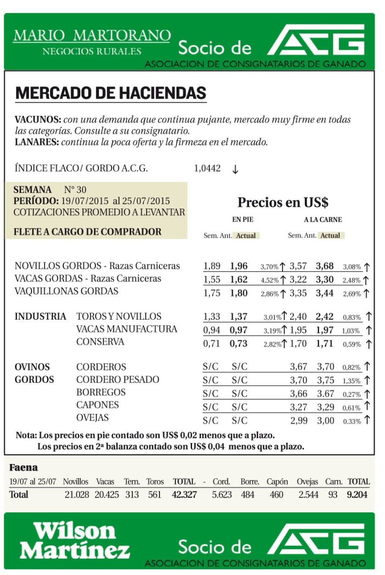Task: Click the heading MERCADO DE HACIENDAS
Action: coord(110,93)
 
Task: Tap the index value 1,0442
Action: coord(207,169)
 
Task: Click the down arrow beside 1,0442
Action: coord(235,169)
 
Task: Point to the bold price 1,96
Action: coord(239,266)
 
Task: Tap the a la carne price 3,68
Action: coord(324,266)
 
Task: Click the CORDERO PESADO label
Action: coord(118,380)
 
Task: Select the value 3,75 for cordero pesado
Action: coord(325,380)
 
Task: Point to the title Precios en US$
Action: coord(283,202)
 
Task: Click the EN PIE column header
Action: coord(243,220)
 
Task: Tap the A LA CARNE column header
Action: coord(323,220)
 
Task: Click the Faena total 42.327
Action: coord(184,495)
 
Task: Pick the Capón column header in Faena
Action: coord(277,482)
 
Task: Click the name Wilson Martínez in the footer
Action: coord(75,541)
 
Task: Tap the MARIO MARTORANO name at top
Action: coord(92,36)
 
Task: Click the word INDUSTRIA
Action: coord(40,317)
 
